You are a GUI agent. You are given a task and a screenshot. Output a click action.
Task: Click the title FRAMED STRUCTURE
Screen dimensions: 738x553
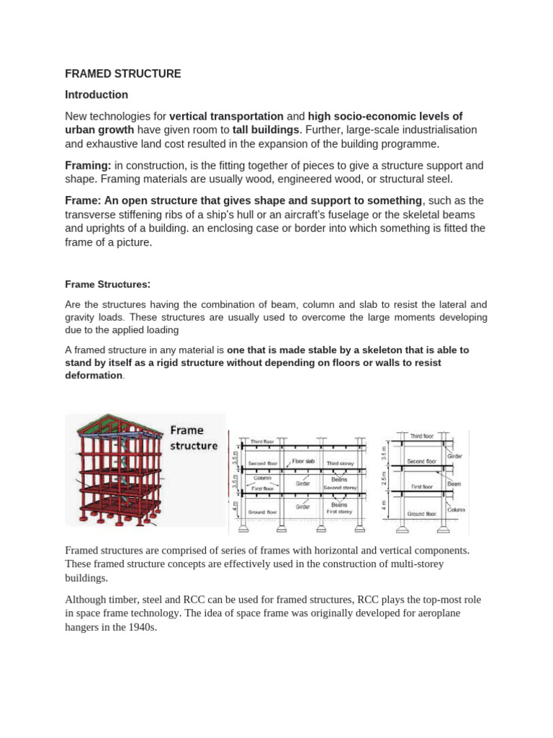[123, 74]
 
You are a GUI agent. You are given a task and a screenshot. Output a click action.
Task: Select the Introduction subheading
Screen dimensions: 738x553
[96, 94]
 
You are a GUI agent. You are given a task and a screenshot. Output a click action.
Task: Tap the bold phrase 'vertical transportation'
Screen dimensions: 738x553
[226, 116]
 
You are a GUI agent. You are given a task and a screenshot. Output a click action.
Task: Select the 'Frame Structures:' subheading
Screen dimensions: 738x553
[108, 284]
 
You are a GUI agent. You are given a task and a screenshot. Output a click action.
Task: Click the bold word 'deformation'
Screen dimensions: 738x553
[94, 375]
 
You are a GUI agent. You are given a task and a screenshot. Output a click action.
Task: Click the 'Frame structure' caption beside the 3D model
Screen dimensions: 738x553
[193, 437]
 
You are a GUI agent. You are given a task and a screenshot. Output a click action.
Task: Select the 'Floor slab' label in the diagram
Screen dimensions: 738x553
[304, 459]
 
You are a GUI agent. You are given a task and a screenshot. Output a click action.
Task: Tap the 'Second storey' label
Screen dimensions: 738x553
[341, 487]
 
